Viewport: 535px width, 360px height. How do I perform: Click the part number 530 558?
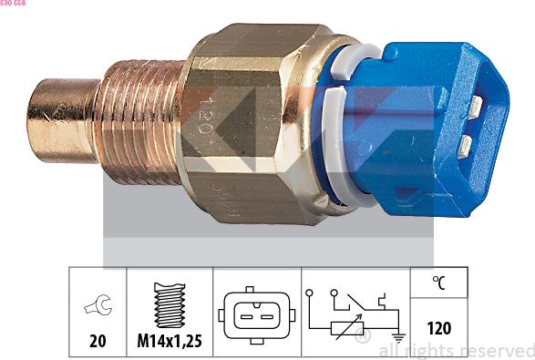coord(13,4)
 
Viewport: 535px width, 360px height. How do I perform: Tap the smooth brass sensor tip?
coord(59,118)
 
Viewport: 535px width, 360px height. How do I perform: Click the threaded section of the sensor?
coord(141,118)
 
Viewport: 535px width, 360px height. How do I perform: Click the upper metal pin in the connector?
coord(475,107)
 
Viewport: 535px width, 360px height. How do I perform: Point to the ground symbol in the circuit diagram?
coord(398,334)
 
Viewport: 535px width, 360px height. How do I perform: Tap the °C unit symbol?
coord(438,283)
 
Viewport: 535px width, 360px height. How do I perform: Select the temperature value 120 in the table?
coord(438,328)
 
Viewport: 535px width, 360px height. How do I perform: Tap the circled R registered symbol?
coord(363,338)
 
